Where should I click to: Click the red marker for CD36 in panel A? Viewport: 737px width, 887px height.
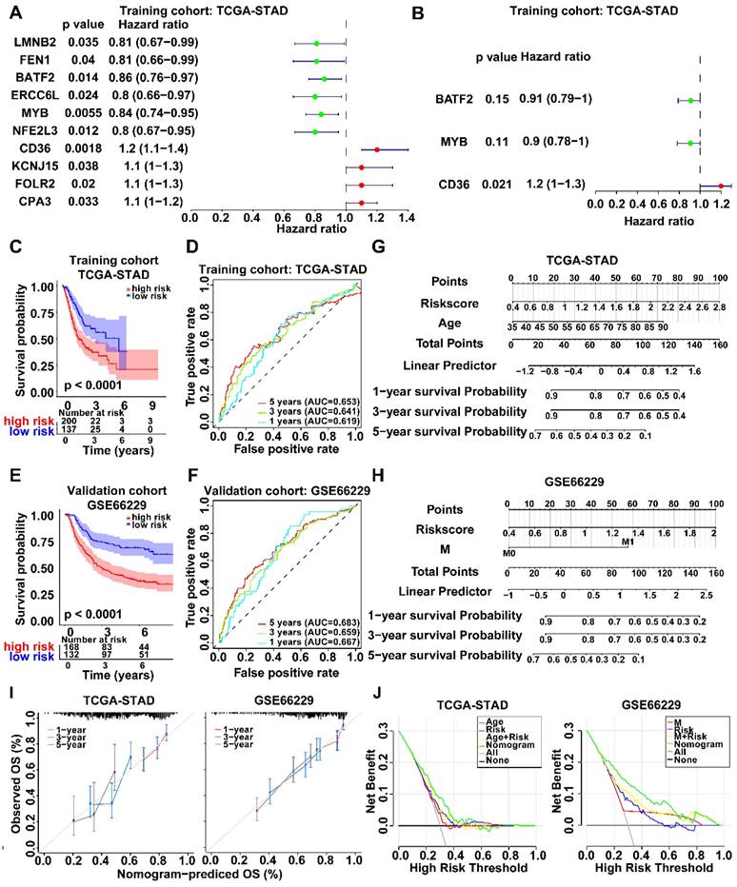point(376,149)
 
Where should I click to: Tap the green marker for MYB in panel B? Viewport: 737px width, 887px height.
point(689,143)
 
